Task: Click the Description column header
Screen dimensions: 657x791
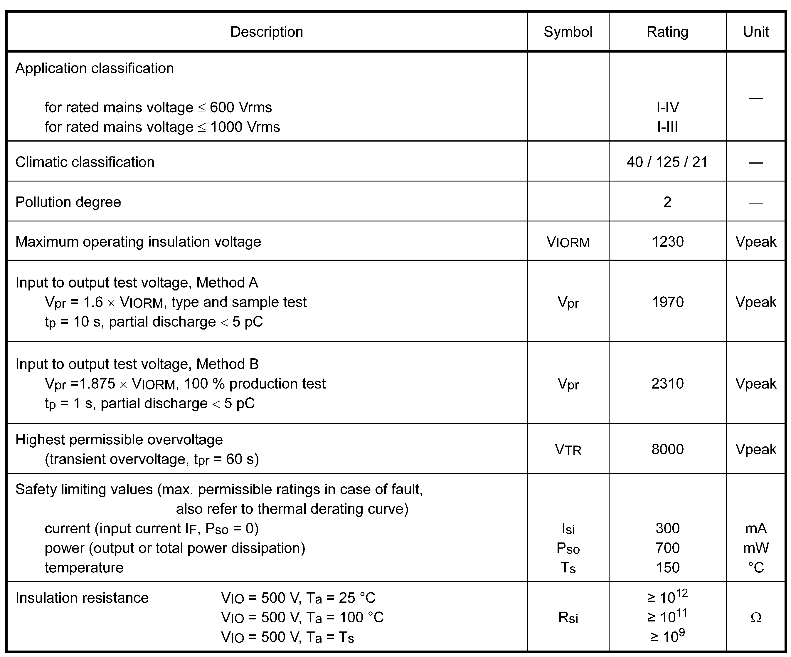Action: [x=266, y=32]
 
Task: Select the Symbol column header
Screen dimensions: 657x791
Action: [x=568, y=32]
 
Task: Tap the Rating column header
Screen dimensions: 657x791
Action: [x=667, y=32]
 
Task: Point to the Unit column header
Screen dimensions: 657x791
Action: [x=755, y=32]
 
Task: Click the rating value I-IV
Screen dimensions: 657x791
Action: [x=667, y=107]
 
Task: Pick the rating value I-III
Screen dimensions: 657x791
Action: [x=667, y=127]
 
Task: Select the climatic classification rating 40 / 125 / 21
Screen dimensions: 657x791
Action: [x=667, y=162]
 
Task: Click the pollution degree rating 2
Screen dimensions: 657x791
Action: [x=667, y=202]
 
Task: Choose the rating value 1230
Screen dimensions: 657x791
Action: [x=667, y=242]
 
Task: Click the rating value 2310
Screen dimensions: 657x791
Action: [x=667, y=384]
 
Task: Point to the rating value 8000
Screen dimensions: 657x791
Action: [x=667, y=449]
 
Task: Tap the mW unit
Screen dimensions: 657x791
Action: [x=755, y=548]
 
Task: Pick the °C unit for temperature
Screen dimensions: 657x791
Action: [x=755, y=568]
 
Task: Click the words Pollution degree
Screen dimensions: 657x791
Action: [x=68, y=202]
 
